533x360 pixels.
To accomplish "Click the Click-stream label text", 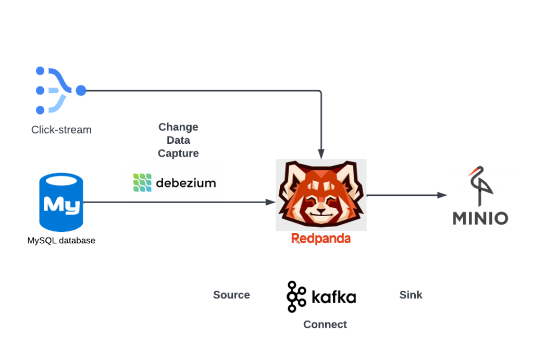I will [61, 130].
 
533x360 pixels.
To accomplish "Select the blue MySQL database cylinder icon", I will [61, 203].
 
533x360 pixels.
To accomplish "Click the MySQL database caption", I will [61, 241].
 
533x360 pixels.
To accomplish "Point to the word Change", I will [178, 127].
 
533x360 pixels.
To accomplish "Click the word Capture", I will [178, 153].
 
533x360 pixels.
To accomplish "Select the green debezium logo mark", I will [142, 183].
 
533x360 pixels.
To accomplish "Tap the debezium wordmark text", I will [185, 183].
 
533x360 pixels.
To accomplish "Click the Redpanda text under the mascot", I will [321, 239].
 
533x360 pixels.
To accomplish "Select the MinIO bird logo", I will [479, 187].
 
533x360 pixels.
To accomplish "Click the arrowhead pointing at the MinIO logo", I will [442, 195].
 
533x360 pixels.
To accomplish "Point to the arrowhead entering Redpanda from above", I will [321, 154].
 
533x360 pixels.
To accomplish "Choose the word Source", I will [231, 295].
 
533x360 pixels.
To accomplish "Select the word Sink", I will [411, 295].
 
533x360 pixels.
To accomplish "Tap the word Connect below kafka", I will [325, 325].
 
